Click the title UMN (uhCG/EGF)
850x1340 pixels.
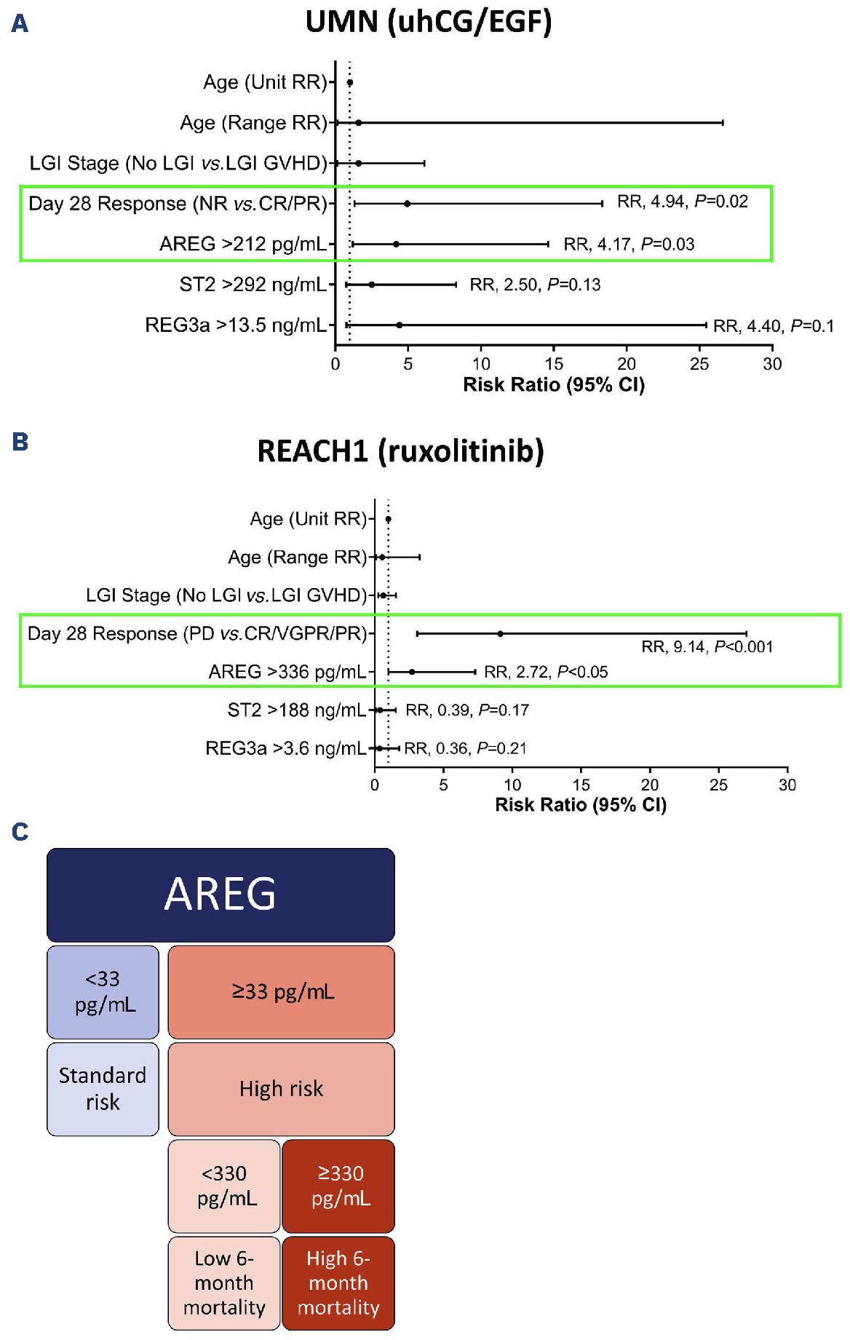[x=429, y=22]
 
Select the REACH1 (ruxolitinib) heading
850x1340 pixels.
[x=400, y=451]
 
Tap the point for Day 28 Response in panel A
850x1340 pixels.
[x=407, y=204]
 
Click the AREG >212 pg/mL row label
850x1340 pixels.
[x=243, y=244]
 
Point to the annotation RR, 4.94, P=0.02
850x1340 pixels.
[x=683, y=202]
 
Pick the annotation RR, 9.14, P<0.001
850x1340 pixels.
[x=707, y=646]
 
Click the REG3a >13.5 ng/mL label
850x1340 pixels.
[x=236, y=325]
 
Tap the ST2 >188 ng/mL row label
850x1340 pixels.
[x=297, y=710]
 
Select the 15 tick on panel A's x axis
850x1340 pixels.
[x=554, y=364]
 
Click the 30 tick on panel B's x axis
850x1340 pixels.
[x=787, y=785]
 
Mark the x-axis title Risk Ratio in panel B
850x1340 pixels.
[x=581, y=804]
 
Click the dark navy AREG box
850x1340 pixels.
[x=221, y=895]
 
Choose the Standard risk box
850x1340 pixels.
[x=103, y=1089]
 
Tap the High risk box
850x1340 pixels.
[x=282, y=1089]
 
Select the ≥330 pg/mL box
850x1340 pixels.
[x=338, y=1186]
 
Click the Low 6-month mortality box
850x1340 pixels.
[x=224, y=1283]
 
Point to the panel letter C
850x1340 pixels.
[x=20, y=831]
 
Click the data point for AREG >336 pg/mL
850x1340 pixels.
[x=412, y=672]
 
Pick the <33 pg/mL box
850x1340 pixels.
[x=103, y=992]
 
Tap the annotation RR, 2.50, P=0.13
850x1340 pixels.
[x=536, y=285]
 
